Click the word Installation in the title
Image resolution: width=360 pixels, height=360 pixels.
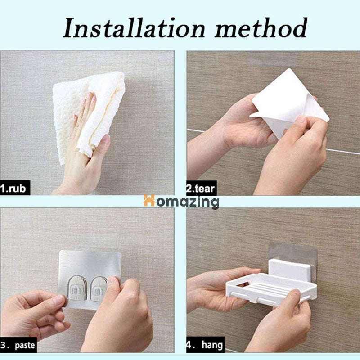coord(134,28)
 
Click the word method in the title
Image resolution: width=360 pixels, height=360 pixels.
coord(261,28)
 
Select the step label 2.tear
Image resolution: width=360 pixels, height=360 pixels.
coord(201,189)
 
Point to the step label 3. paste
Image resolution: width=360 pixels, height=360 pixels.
coord(18,345)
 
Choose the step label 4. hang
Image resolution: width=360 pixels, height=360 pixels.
coord(205,345)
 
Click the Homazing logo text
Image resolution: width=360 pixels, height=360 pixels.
coord(181,202)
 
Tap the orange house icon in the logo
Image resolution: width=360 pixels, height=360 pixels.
coord(149,200)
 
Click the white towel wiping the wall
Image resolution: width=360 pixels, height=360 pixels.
coord(89,114)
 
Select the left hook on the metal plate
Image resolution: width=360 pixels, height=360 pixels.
coord(77,288)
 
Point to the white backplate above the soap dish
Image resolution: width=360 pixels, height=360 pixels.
coord(290,269)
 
